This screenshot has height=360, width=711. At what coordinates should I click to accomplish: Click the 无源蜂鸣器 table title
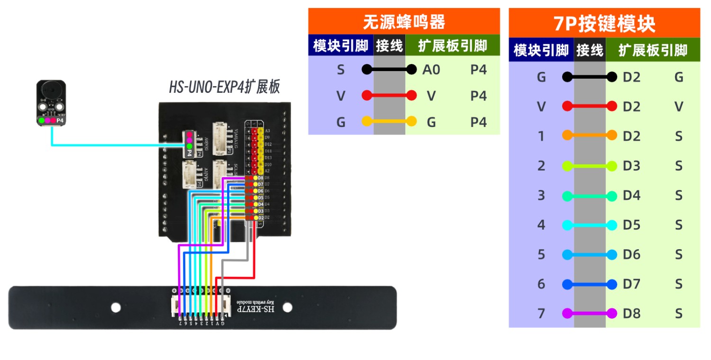click(404, 22)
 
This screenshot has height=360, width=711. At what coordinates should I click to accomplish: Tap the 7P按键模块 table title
click(604, 23)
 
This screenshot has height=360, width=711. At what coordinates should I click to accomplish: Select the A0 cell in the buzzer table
click(431, 70)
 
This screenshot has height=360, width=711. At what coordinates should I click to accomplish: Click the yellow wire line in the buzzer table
click(389, 122)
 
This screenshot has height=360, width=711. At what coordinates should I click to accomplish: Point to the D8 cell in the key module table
click(631, 314)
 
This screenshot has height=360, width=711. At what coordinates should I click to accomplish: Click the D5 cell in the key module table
click(631, 225)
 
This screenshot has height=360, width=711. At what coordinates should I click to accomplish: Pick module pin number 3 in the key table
click(541, 195)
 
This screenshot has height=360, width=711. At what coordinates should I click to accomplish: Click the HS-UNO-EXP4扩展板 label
click(224, 88)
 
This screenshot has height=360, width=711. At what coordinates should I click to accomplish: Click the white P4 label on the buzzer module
click(60, 121)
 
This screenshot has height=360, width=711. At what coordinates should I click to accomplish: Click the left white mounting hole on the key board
click(116, 307)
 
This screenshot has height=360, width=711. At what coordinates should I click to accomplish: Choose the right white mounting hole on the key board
click(287, 307)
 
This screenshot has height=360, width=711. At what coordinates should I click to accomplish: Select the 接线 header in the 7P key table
click(589, 50)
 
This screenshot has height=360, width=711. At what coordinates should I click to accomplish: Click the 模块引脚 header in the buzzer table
click(340, 46)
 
